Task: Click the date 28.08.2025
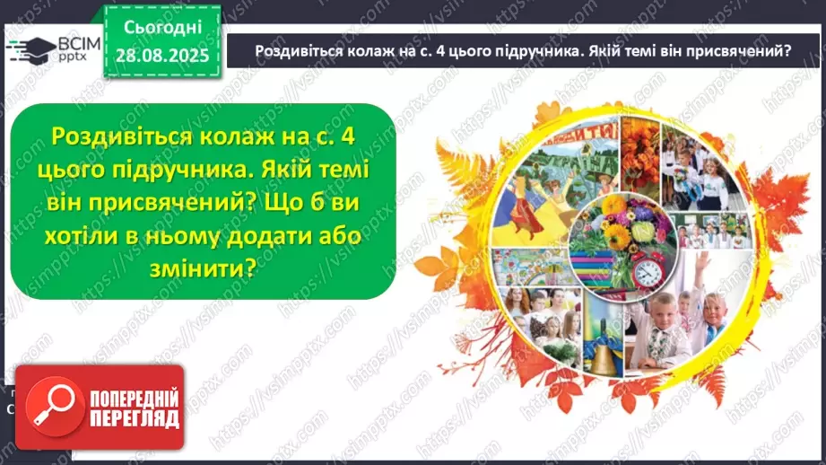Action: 162,57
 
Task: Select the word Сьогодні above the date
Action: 162,29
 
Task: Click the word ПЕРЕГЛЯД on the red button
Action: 135,419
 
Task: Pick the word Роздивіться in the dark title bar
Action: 300,51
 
